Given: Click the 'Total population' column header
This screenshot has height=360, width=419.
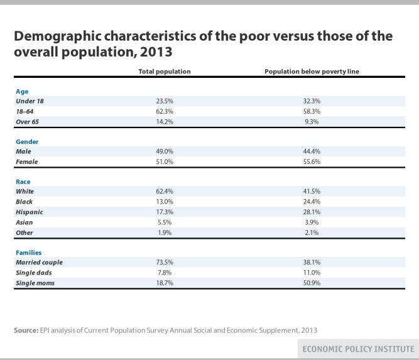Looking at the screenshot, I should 164,72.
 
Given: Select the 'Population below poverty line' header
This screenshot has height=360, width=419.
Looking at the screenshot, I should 312,72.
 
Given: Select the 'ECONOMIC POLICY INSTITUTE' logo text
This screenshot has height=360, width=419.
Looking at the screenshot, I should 368,349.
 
